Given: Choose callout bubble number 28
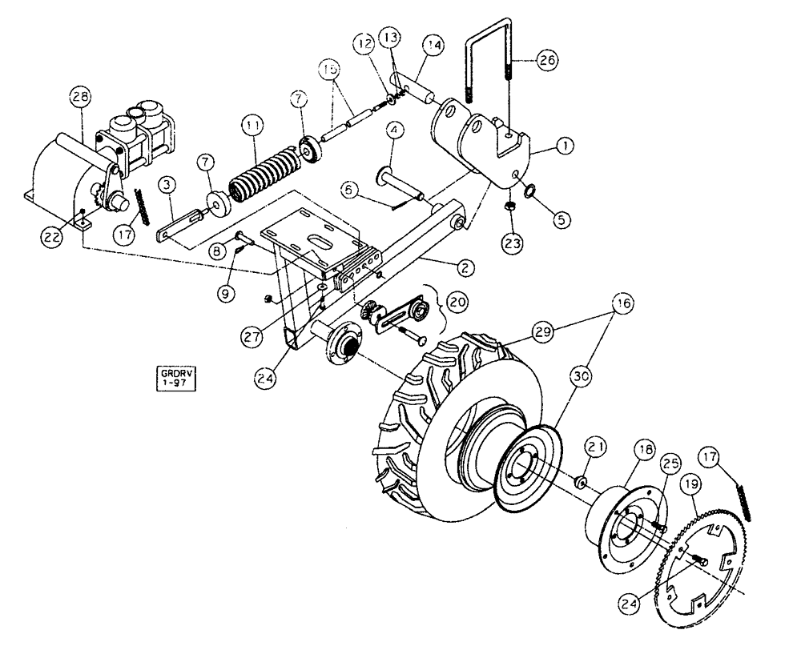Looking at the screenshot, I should (x=79, y=99).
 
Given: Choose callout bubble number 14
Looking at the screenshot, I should (x=435, y=47).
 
